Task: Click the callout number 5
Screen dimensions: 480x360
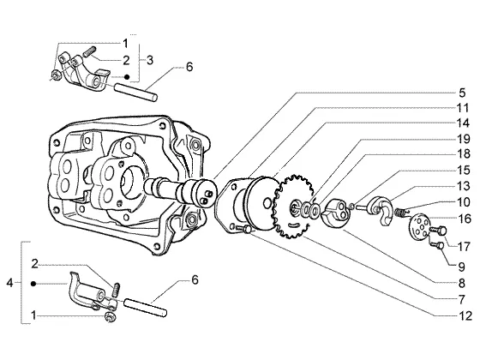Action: (x=462, y=93)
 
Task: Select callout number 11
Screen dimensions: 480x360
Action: (x=463, y=108)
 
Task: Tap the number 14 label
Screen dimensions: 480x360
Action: (x=463, y=123)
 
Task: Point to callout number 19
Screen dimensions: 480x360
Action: (x=463, y=139)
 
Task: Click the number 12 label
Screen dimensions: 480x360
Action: (x=466, y=315)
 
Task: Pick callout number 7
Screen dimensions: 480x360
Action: (x=462, y=299)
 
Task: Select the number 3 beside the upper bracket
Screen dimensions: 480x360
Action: (x=150, y=60)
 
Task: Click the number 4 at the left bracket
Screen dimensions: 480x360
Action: (x=9, y=283)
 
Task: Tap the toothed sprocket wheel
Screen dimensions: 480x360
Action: (x=292, y=207)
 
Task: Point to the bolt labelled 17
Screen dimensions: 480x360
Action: (x=438, y=231)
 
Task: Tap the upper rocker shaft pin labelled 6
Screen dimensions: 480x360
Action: (x=136, y=92)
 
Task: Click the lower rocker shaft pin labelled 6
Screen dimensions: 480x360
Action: (x=145, y=307)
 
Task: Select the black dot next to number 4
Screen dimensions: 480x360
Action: (x=33, y=284)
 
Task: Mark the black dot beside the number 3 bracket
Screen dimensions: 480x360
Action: (x=127, y=77)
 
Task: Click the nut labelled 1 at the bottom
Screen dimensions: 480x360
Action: (x=110, y=317)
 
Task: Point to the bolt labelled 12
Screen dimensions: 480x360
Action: (x=243, y=228)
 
